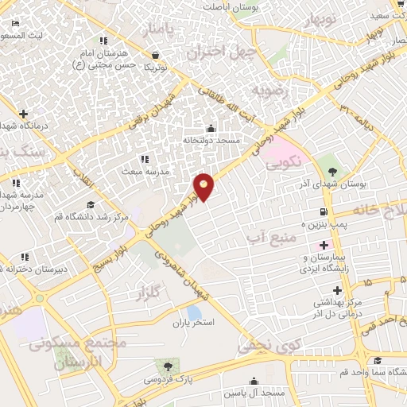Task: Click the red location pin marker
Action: tap(204, 187)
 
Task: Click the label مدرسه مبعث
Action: tap(143, 171)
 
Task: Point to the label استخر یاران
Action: tap(194, 324)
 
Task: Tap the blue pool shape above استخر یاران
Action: tap(194, 312)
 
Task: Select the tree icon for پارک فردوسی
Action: tap(168, 366)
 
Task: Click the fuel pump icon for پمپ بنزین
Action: tap(323, 212)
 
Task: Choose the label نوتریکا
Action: tap(155, 67)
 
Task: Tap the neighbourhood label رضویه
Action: tap(269, 92)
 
